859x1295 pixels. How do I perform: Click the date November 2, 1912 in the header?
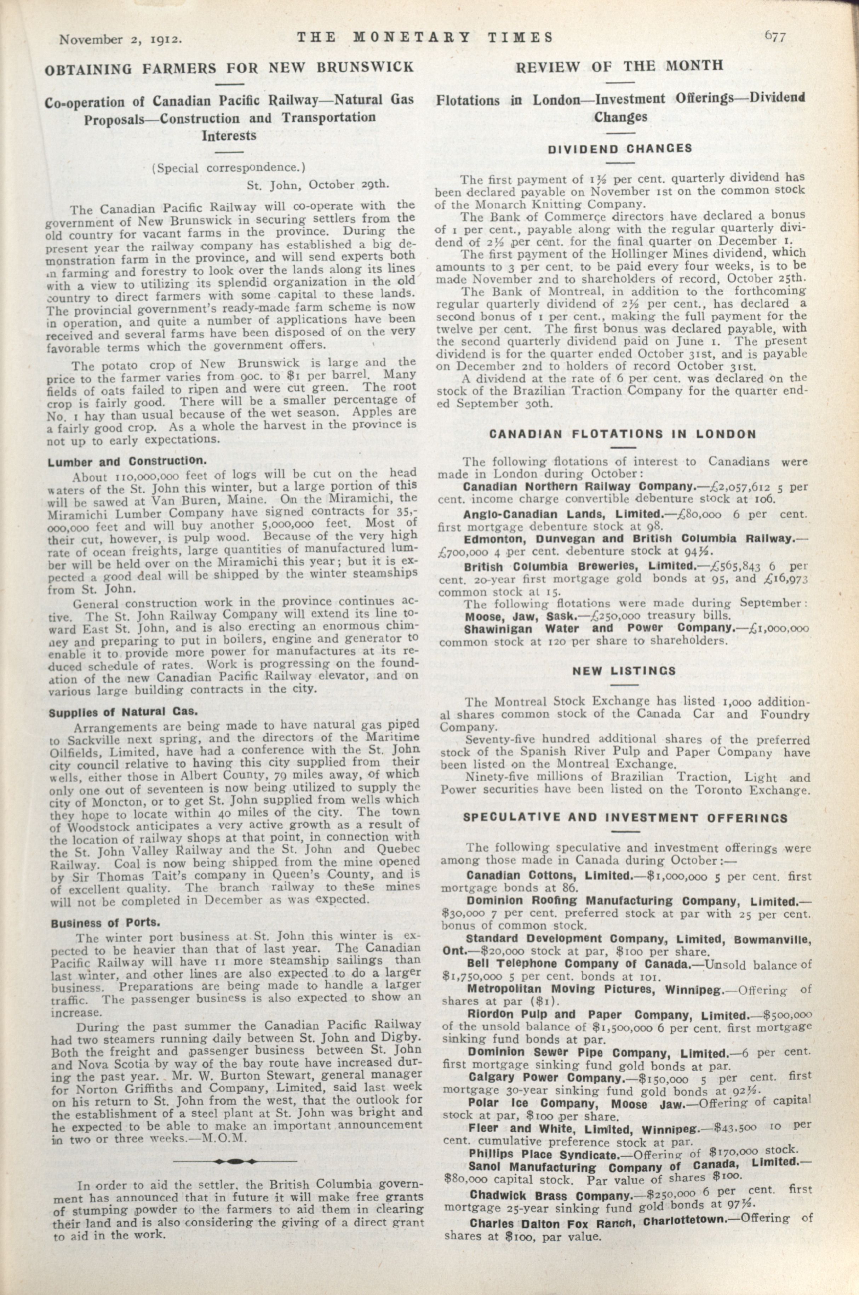pos(121,39)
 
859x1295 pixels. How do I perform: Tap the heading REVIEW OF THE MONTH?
pos(620,66)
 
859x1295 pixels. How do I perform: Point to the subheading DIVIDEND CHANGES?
pos(620,148)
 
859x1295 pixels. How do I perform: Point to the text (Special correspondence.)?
pos(228,168)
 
